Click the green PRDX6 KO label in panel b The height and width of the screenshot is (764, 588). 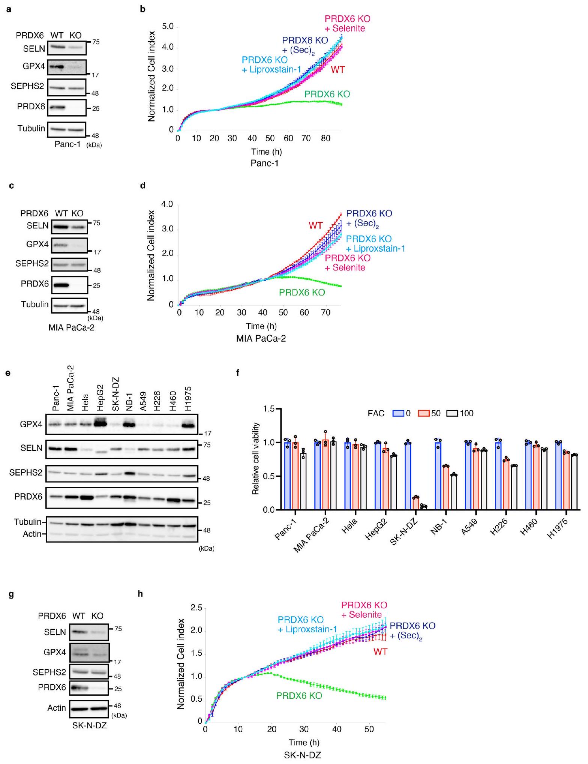click(327, 94)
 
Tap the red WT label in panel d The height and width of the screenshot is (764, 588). click(315, 225)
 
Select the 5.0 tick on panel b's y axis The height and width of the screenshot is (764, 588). click(168, 27)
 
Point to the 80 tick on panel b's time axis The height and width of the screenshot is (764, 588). click(325, 138)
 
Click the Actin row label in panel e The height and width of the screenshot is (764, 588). click(32, 534)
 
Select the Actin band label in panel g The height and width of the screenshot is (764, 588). click(56, 708)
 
